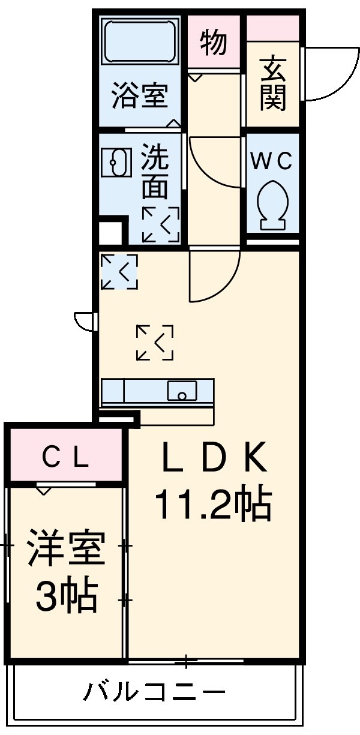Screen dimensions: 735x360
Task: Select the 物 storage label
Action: [214, 44]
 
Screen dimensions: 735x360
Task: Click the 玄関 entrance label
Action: [273, 84]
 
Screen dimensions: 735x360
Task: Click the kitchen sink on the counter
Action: [182, 391]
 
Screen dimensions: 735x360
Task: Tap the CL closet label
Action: [66, 459]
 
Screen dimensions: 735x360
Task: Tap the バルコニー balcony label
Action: [154, 694]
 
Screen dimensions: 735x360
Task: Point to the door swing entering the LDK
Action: [213, 277]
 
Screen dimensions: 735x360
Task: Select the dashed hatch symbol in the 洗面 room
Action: [160, 224]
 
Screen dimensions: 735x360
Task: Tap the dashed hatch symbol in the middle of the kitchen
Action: [155, 343]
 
